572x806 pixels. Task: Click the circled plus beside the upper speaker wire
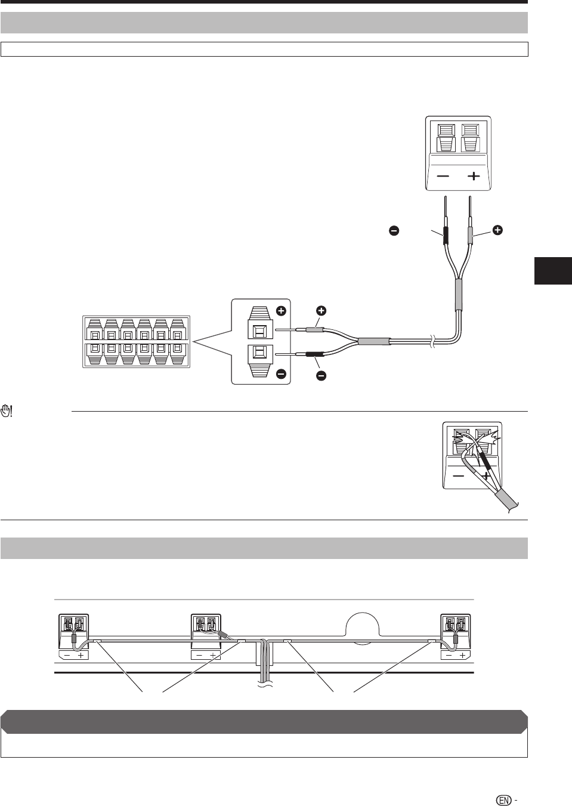497,230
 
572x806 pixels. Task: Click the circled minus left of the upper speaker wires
394,230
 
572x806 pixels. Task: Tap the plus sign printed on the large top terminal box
473,176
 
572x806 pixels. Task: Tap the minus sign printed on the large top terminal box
443,176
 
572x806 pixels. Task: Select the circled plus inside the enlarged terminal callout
281,311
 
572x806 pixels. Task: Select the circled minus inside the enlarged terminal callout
281,374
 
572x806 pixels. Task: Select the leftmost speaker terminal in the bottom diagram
73,636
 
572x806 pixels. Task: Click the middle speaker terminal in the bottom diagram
205,636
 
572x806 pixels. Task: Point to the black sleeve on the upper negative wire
444,236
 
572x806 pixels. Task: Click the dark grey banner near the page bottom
264,721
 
